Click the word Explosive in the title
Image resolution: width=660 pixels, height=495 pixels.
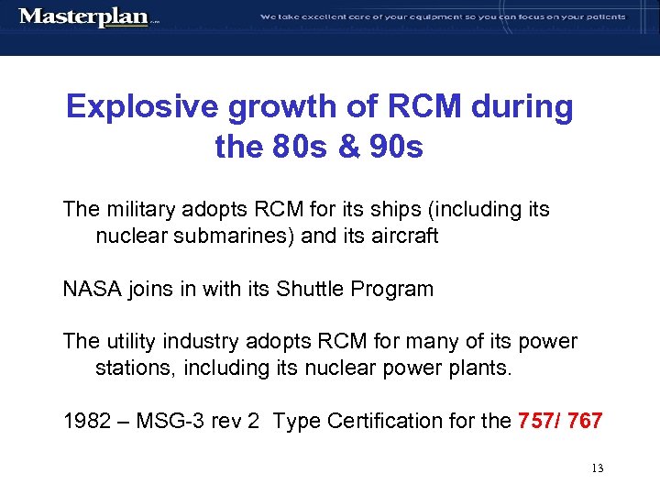pos(141,107)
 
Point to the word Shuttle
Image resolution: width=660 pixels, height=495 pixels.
pos(309,290)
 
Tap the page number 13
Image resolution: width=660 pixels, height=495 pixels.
pos(598,469)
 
